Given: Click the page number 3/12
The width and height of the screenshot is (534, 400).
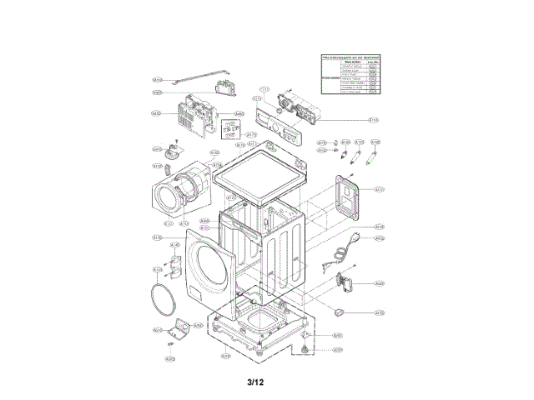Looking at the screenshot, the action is (x=255, y=382).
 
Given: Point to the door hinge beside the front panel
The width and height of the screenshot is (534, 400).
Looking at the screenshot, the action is (x=176, y=265).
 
